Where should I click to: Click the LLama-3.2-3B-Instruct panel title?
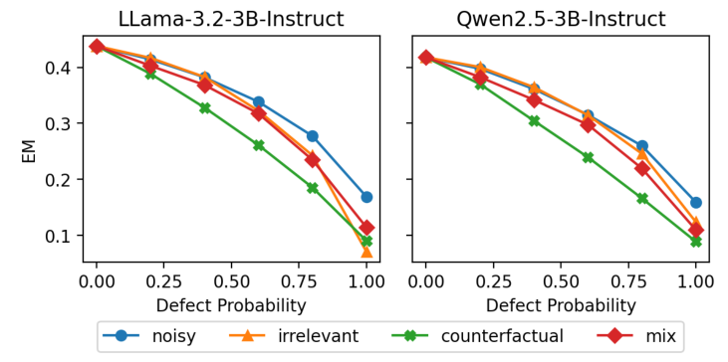[231, 19]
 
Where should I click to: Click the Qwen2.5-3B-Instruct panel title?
[561, 19]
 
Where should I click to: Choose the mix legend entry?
[642, 337]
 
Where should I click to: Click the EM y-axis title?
[31, 151]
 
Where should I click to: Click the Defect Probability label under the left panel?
[231, 305]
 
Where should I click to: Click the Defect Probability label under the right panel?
[561, 305]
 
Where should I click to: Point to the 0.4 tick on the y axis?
[62, 68]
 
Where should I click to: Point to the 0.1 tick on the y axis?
[62, 236]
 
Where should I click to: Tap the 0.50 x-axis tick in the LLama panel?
[231, 281]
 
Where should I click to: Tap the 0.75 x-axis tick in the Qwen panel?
[628, 281]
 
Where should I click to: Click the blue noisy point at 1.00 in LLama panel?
[366, 197]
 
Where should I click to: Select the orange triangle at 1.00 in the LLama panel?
[366, 251]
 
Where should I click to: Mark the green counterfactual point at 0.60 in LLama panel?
[259, 145]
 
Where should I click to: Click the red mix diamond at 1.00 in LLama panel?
[366, 228]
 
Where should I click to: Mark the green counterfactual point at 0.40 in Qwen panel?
[534, 120]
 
